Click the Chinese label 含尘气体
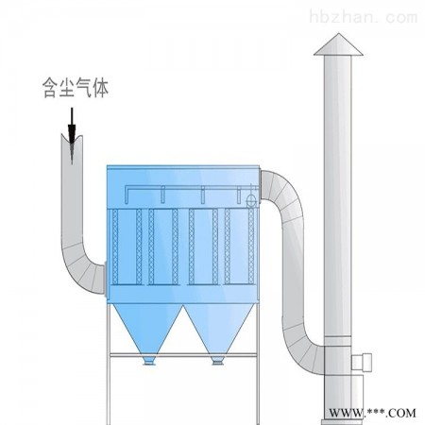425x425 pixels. [76, 88]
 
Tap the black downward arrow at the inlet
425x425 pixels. [72, 136]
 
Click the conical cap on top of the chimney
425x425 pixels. [338, 44]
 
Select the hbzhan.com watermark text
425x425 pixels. [364, 17]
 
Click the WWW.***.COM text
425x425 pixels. [372, 413]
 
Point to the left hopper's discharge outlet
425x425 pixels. [149, 361]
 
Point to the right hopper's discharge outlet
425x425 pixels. [217, 361]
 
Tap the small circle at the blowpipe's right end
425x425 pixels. [251, 200]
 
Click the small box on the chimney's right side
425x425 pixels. [362, 362]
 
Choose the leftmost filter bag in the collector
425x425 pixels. [115, 246]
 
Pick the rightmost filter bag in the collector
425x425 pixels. [251, 246]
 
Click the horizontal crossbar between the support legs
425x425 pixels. [183, 355]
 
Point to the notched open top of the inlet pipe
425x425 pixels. [72, 140]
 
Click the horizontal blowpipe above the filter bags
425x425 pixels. [189, 188]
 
